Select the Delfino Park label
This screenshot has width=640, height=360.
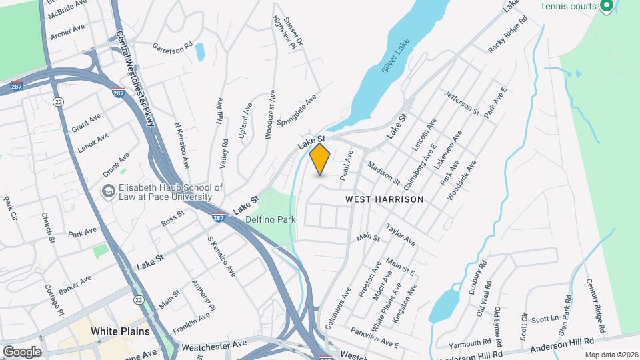pyautogui.click(x=271, y=218)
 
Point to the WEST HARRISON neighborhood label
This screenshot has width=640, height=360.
pyautogui.click(x=384, y=199)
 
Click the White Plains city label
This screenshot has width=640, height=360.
pyautogui.click(x=120, y=331)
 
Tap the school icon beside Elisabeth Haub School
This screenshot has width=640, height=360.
pyautogui.click(x=107, y=192)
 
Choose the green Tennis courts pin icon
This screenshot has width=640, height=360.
pyautogui.click(x=606, y=7)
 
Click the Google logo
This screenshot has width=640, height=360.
pyautogui.click(x=22, y=351)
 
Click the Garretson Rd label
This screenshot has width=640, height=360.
pyautogui.click(x=172, y=47)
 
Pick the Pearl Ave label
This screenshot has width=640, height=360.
pyautogui.click(x=345, y=166)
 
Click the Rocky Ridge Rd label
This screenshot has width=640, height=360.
pyautogui.click(x=508, y=35)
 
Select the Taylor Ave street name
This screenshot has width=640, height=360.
pyautogui.click(x=401, y=233)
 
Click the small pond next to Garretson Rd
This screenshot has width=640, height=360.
pyautogui.click(x=200, y=51)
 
